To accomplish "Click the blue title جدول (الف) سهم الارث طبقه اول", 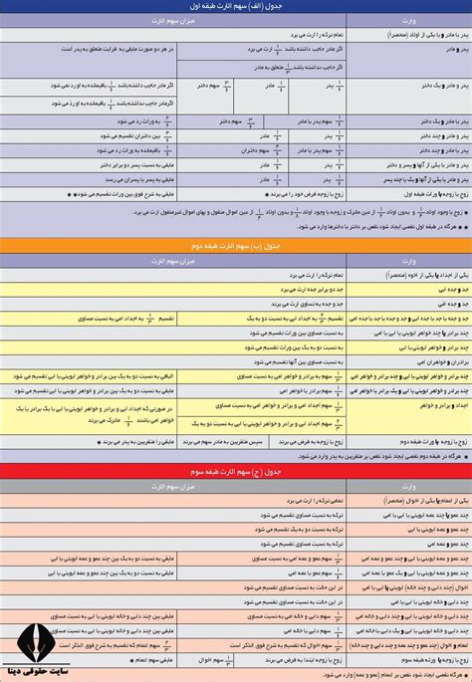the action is click(236, 6).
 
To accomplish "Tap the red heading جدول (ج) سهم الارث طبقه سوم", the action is click(236, 469).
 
